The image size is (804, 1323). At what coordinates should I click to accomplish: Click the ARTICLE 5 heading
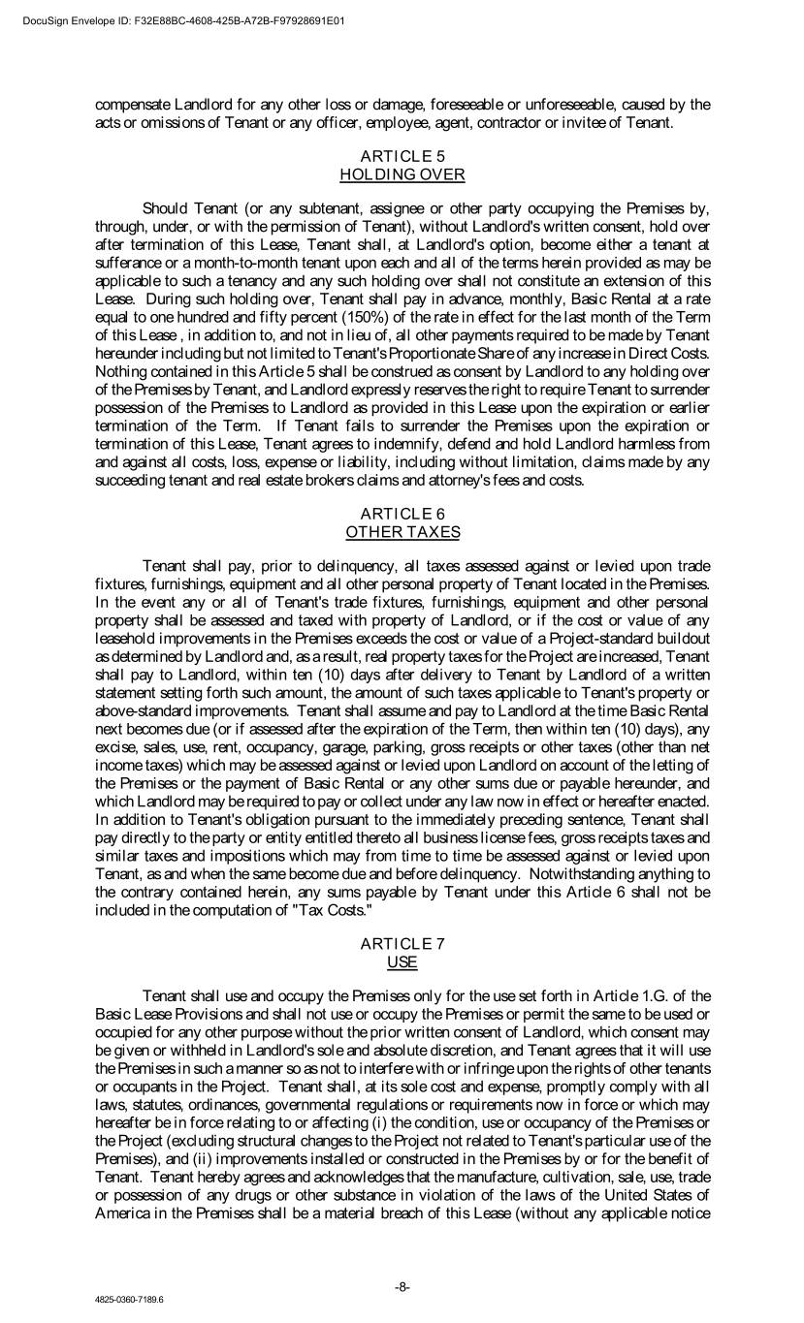click(x=402, y=156)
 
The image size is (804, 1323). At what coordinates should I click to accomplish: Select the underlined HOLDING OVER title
click(x=402, y=174)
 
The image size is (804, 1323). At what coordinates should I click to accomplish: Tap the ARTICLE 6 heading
click(x=402, y=514)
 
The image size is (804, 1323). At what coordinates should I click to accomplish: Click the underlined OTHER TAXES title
click(x=402, y=532)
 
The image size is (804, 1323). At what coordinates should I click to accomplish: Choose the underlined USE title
click(x=402, y=962)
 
